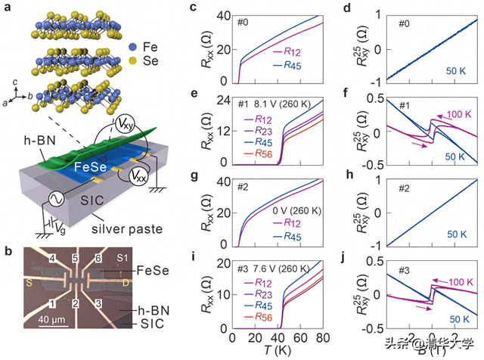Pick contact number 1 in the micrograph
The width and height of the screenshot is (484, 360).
(52, 303)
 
